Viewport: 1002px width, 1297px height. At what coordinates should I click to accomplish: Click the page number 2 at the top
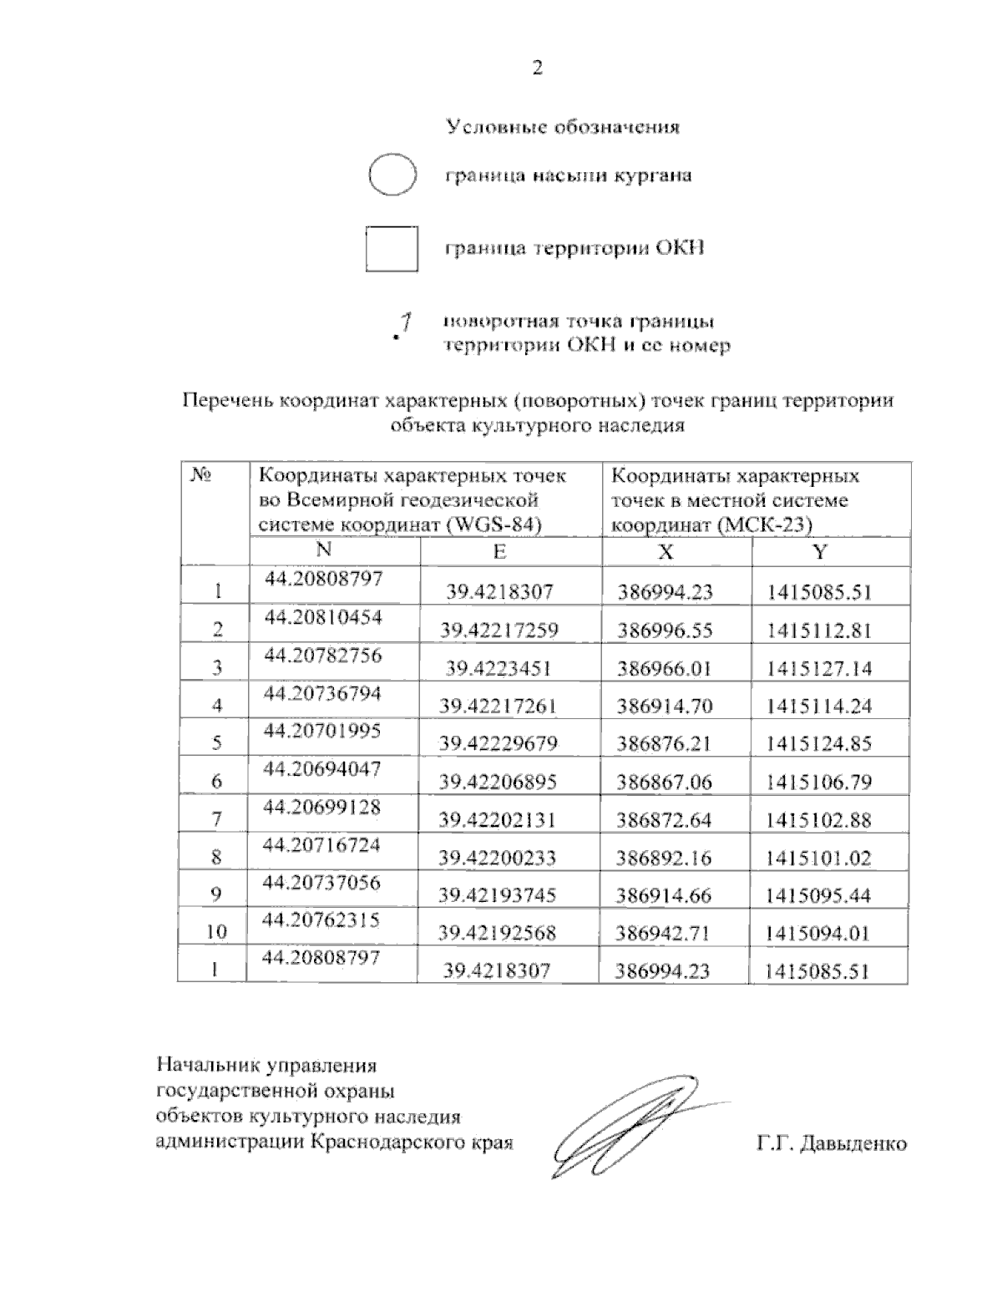pos(537,68)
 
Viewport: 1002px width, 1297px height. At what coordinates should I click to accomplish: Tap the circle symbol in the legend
pos(392,175)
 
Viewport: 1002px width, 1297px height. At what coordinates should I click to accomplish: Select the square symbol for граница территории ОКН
pos(392,249)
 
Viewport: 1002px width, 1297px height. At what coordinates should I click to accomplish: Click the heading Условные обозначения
pos(562,127)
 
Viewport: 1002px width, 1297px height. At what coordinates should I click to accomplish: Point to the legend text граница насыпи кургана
pos(567,176)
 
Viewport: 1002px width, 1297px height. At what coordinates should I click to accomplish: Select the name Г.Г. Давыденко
pos(832,1143)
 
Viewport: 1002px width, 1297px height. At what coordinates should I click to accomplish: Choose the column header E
pos(499,551)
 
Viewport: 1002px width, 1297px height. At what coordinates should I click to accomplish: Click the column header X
pos(665,551)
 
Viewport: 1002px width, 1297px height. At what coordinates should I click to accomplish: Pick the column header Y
pos(820,551)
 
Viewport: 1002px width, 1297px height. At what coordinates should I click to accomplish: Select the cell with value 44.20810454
pos(323,617)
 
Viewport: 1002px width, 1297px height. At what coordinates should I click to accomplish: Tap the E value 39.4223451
pos(499,668)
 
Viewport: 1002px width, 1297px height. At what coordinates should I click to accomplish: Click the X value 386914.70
pos(665,706)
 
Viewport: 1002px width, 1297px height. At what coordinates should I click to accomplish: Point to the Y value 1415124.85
pos(819,743)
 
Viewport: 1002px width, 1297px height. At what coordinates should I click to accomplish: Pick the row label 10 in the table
pos(216,932)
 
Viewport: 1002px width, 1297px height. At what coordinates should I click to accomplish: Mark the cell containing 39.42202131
pos(498,819)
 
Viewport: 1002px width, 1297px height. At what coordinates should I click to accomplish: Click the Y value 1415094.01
pos(819,933)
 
